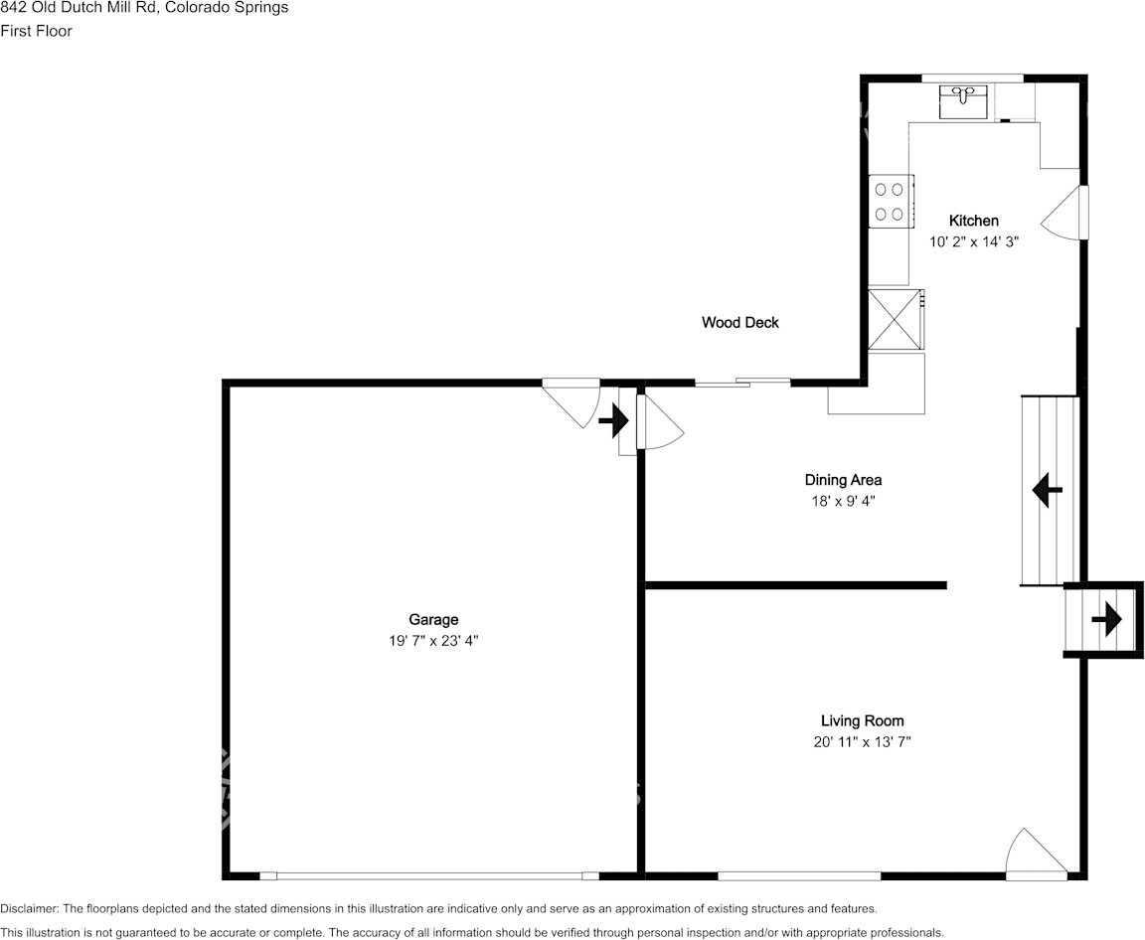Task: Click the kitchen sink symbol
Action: pyautogui.click(x=963, y=101)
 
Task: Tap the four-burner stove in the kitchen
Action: pyautogui.click(x=891, y=201)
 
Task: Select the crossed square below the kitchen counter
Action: pyautogui.click(x=895, y=319)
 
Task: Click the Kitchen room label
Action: pyautogui.click(x=973, y=221)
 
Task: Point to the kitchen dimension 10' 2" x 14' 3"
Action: pyautogui.click(x=973, y=240)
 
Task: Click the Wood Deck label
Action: pyautogui.click(x=739, y=322)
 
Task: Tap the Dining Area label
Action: pyautogui.click(x=843, y=480)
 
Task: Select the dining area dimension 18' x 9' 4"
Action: pyautogui.click(x=843, y=502)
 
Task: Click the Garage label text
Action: pyautogui.click(x=433, y=620)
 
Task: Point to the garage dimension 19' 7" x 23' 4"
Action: pyautogui.click(x=433, y=642)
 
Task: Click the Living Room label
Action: pyautogui.click(x=862, y=720)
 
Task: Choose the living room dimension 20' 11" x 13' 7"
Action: pyautogui.click(x=862, y=742)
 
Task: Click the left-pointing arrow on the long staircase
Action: pyautogui.click(x=1047, y=490)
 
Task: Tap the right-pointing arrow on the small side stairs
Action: pyautogui.click(x=1105, y=621)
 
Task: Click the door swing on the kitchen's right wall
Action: pyautogui.click(x=1065, y=212)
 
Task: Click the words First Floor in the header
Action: pyautogui.click(x=36, y=31)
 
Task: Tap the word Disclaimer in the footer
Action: pyautogui.click(x=29, y=908)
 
